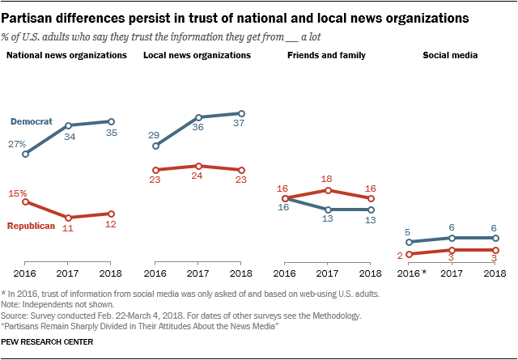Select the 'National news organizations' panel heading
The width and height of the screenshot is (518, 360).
[x=66, y=55]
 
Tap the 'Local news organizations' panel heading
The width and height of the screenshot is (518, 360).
[x=197, y=55]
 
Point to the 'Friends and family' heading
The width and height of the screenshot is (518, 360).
[x=327, y=55]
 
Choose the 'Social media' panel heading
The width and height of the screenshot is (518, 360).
[x=450, y=55]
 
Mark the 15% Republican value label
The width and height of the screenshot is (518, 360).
[x=19, y=193]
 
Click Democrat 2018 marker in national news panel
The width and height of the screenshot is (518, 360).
[x=112, y=121]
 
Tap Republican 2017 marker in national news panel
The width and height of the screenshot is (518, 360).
[x=69, y=218]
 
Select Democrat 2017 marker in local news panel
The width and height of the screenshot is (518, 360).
[x=198, y=117]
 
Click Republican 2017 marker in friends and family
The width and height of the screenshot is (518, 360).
[x=327, y=190]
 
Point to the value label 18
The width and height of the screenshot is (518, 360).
[x=327, y=178]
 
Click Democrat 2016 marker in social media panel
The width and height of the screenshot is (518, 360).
[x=410, y=242]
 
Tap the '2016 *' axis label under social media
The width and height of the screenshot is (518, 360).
[x=412, y=274]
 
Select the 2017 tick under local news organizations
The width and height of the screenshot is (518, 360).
[x=198, y=274]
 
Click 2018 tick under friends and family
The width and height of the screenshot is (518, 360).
[x=370, y=274]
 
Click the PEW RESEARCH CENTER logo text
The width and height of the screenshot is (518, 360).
[x=49, y=343]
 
